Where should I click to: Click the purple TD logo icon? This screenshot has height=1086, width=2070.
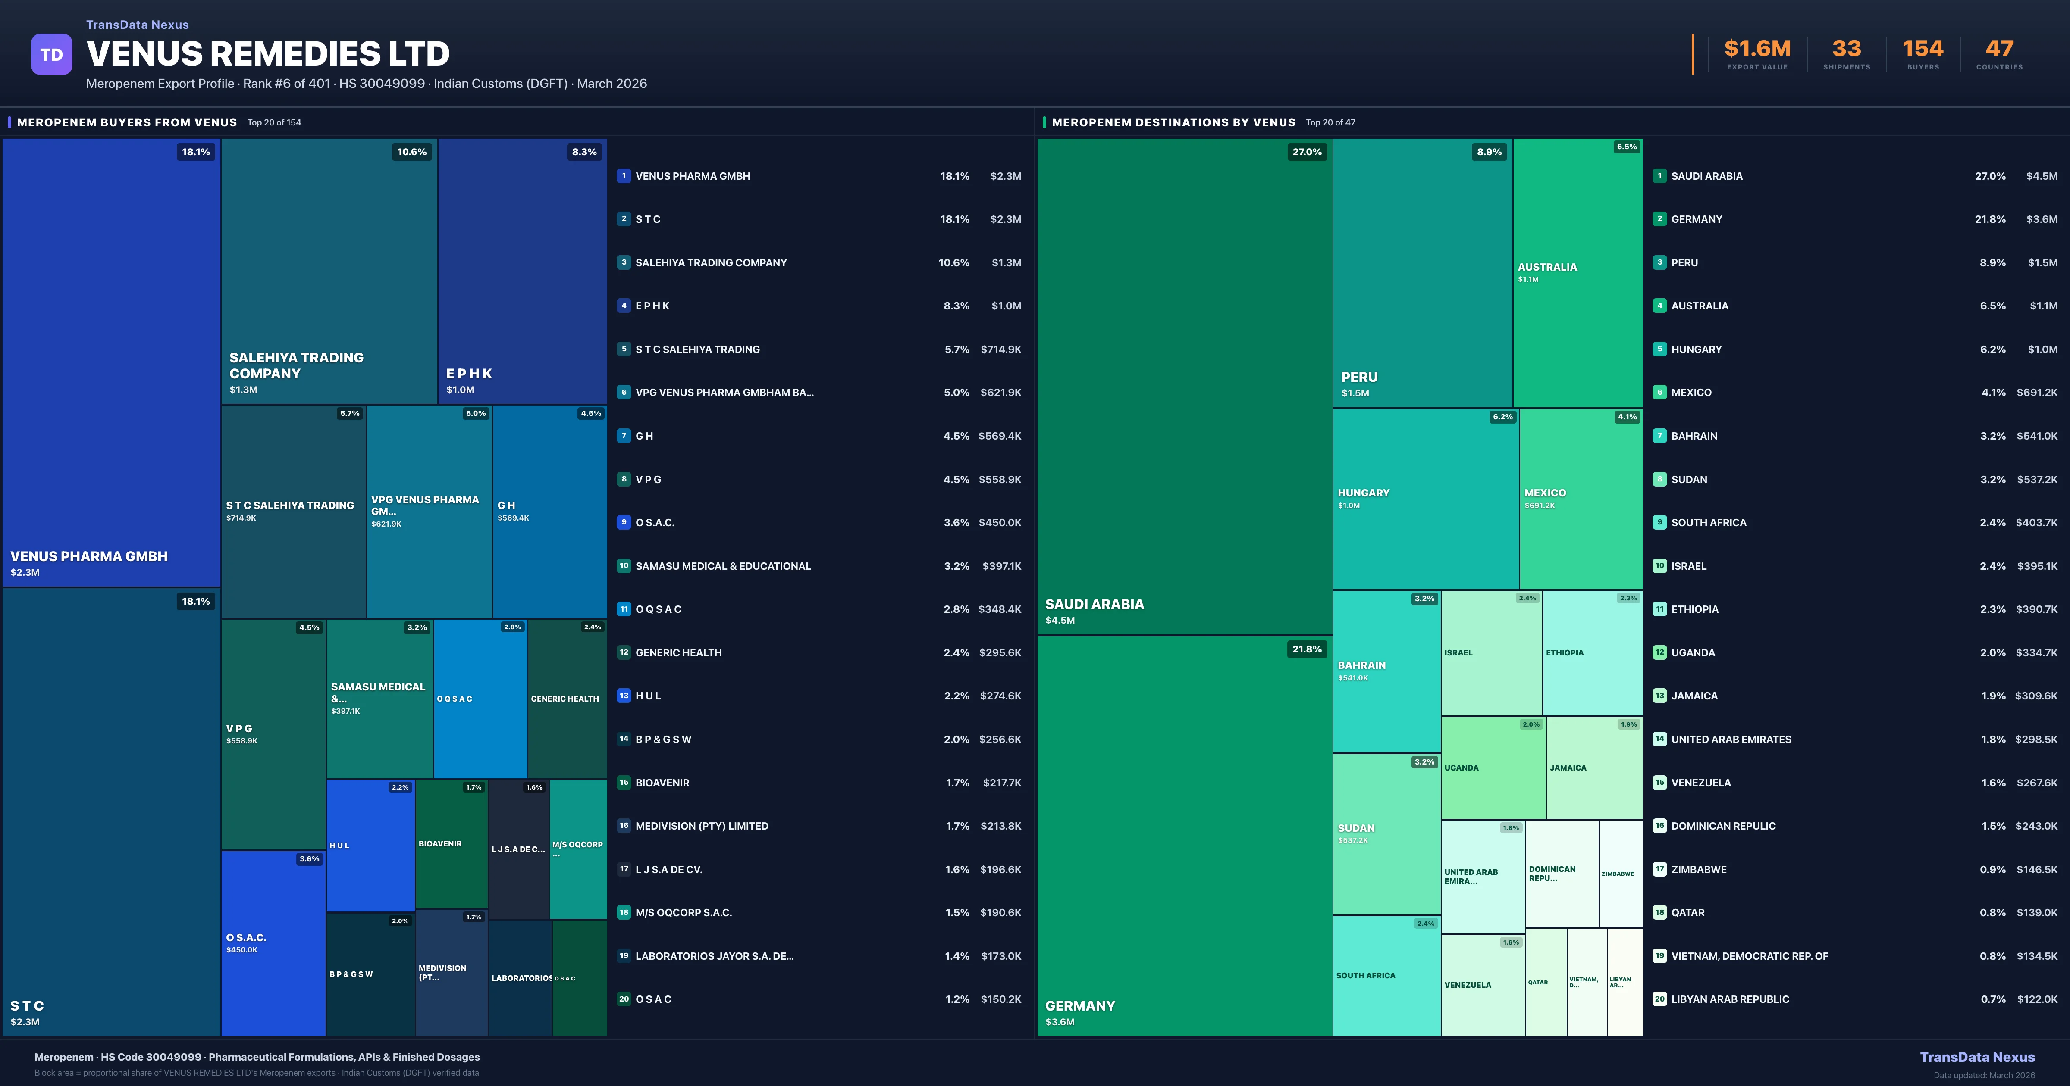click(51, 55)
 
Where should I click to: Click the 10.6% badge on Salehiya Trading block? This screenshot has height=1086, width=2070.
click(411, 152)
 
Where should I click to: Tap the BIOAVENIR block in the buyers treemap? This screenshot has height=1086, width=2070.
click(451, 843)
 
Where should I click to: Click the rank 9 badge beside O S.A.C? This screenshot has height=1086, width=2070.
click(624, 522)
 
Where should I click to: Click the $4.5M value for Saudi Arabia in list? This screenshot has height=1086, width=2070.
click(2041, 176)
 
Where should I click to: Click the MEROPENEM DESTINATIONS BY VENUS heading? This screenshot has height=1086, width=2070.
click(1173, 122)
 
